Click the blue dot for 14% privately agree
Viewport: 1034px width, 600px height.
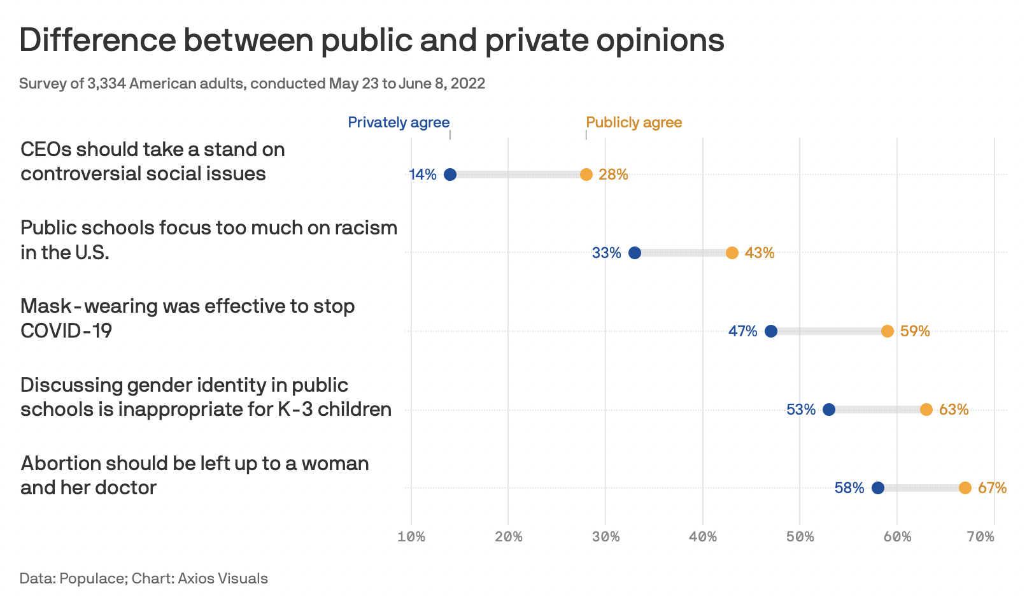(x=450, y=175)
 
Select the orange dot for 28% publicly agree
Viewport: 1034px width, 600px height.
(x=586, y=175)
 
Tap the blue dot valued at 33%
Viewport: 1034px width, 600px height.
(x=635, y=253)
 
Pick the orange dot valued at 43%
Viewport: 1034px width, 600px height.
(x=732, y=253)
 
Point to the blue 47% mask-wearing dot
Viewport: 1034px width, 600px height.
(x=771, y=331)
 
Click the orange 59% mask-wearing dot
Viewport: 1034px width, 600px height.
(x=888, y=331)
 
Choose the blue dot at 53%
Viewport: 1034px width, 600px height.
(x=829, y=410)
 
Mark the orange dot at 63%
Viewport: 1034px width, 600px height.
(x=926, y=410)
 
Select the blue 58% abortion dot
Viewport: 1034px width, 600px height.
(x=878, y=488)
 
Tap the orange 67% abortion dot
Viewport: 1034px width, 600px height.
(x=965, y=488)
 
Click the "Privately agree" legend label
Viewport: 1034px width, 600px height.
(x=399, y=122)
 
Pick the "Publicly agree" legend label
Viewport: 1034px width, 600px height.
(x=634, y=122)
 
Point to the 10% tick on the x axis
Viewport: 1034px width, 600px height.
(x=411, y=537)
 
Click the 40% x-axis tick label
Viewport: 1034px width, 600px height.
(x=703, y=537)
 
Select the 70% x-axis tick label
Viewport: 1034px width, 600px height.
(x=981, y=537)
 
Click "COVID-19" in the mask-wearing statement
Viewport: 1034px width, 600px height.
(x=66, y=331)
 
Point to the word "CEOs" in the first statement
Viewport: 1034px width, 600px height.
(x=46, y=150)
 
